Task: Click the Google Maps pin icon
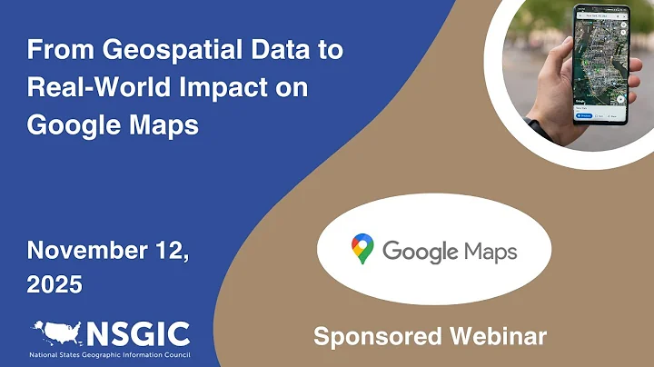(x=362, y=249)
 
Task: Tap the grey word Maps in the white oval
(x=490, y=251)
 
